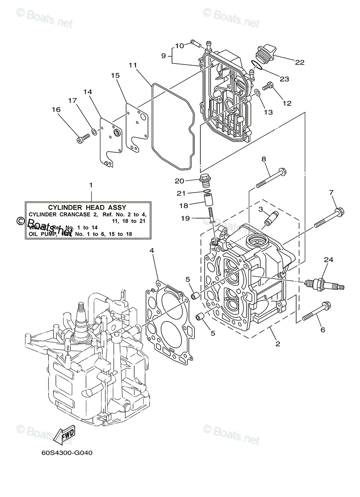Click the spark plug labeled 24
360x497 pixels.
pyautogui.click(x=324, y=285)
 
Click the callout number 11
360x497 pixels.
pyautogui.click(x=133, y=65)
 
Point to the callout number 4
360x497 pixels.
pyautogui.click(x=152, y=251)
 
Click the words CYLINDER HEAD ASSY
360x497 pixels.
pyautogui.click(x=87, y=207)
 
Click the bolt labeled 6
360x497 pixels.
pyautogui.click(x=316, y=311)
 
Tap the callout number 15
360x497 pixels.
pyautogui.click(x=115, y=75)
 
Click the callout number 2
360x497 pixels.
pyautogui.click(x=278, y=343)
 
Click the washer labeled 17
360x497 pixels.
pyautogui.click(x=95, y=132)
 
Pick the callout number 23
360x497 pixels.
pyautogui.click(x=284, y=79)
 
